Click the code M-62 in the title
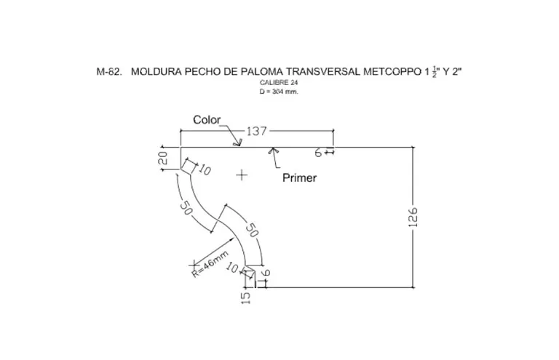coord(109,71)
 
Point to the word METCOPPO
coord(392,71)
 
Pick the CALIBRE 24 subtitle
coord(279,83)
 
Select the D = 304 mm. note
coord(279,92)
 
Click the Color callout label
coord(207,120)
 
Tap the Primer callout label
coord(299,177)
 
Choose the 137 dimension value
coord(257,131)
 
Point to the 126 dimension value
coord(413,217)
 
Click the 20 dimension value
coord(163,158)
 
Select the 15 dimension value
coord(246,298)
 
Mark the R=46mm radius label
coord(210,264)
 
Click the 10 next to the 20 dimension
coord(205,169)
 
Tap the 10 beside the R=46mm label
coord(232,268)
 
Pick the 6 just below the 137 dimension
coord(318,153)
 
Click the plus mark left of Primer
coord(242,175)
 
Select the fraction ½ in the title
coord(435,72)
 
